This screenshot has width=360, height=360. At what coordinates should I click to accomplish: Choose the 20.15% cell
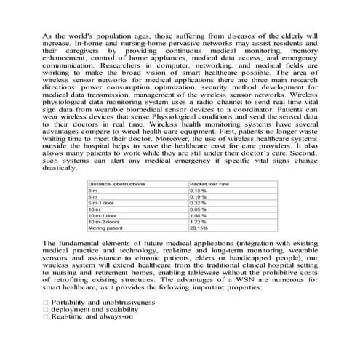coord(199,228)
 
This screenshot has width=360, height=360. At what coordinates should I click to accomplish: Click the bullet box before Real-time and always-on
coord(46,317)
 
